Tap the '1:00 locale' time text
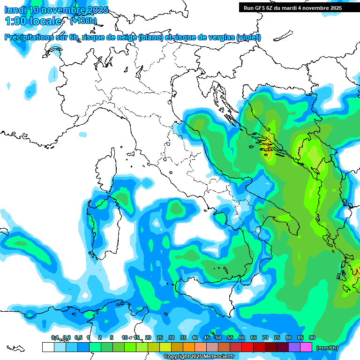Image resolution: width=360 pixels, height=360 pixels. click(x=33, y=21)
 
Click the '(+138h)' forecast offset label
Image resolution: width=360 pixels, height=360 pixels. click(x=83, y=21)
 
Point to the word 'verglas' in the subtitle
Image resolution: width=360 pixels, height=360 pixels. click(x=219, y=37)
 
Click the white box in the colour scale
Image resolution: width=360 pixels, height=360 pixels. click(x=48, y=347)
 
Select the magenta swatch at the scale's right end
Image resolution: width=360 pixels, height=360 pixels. click(x=306, y=347)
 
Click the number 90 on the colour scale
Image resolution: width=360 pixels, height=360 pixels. click(x=312, y=337)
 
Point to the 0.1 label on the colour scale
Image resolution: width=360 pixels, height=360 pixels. click(x=55, y=337)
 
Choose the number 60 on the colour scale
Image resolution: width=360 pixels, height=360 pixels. click(x=242, y=337)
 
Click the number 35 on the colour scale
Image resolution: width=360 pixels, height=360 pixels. click(x=183, y=337)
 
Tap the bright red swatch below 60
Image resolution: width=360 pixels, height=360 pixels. click(x=247, y=347)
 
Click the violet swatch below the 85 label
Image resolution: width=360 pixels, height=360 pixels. click(x=294, y=347)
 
